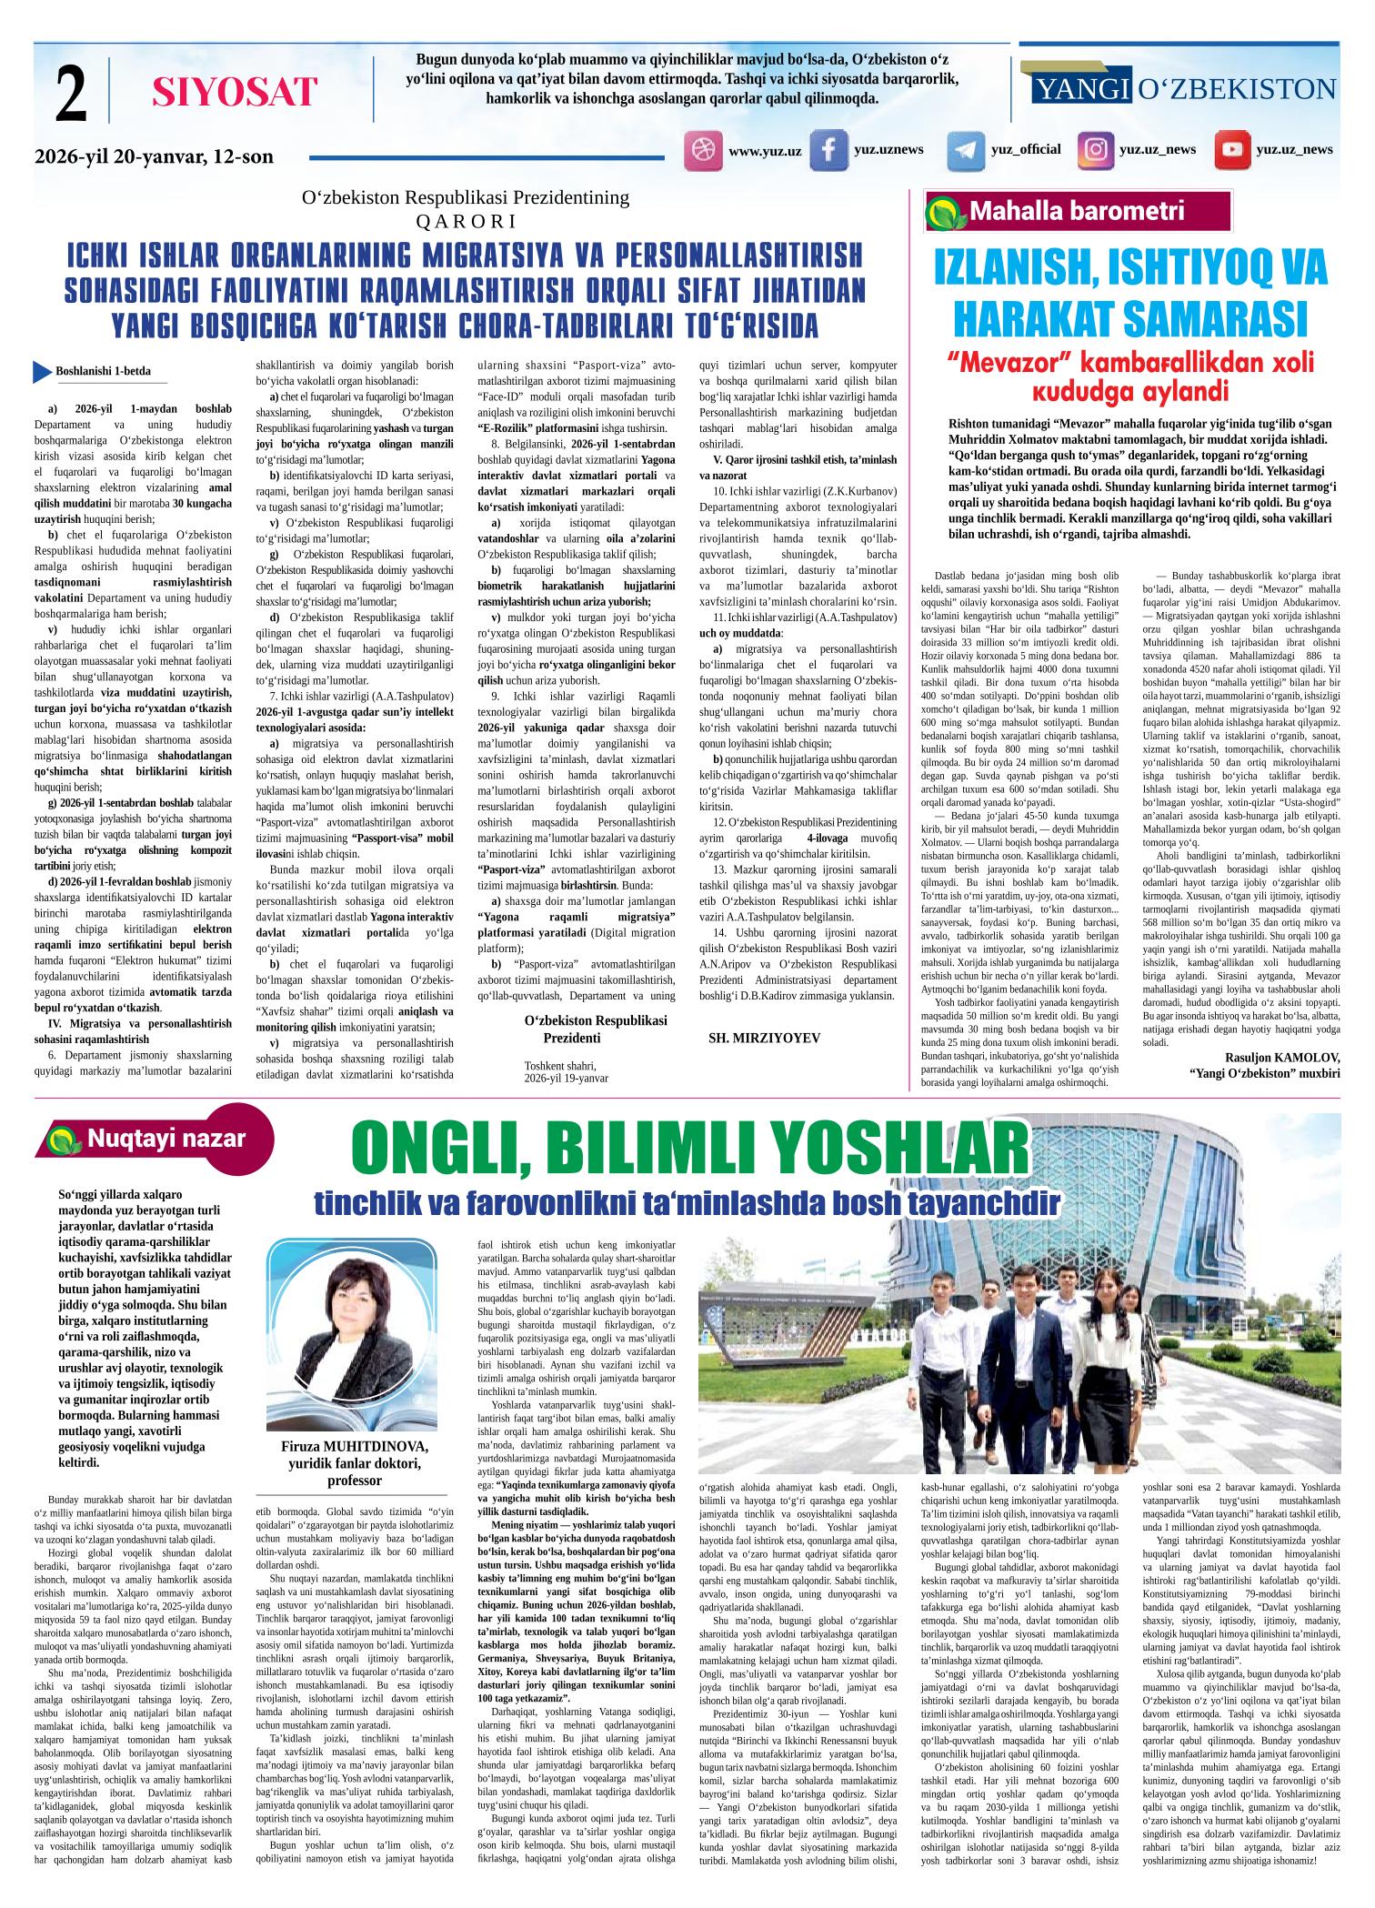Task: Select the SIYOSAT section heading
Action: point(235,92)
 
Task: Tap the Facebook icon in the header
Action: point(828,151)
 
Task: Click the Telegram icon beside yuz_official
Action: point(965,151)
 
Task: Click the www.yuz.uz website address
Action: point(764,151)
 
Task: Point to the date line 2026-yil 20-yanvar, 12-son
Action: point(154,157)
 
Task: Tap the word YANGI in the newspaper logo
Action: point(1082,89)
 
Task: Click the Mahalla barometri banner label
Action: point(1077,212)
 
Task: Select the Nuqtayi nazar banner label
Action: point(166,1139)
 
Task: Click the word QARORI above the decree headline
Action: point(465,220)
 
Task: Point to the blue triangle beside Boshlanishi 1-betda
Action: point(42,371)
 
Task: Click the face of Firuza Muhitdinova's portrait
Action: point(355,1301)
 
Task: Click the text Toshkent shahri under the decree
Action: point(559,1065)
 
